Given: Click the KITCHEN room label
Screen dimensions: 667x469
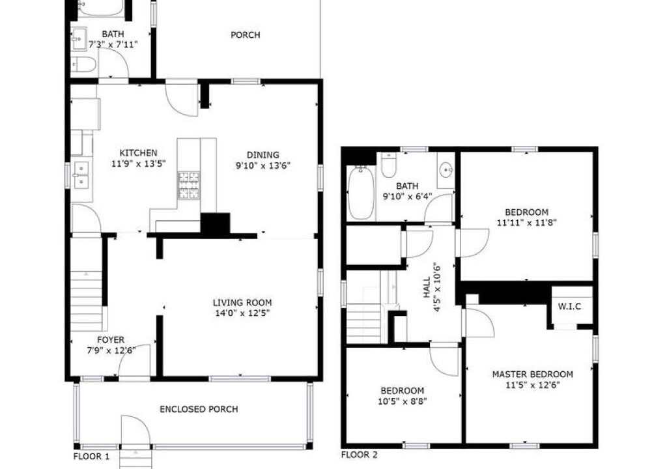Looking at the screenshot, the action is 138,153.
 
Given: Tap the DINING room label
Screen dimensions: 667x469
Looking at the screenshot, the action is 263,155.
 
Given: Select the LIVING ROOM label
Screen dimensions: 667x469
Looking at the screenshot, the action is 242,303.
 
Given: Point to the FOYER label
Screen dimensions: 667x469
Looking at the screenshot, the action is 111,339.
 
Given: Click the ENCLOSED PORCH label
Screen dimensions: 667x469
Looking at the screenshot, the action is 199,409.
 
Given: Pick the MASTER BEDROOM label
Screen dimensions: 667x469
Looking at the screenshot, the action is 533,375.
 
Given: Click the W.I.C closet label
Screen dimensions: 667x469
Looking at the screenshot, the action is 569,306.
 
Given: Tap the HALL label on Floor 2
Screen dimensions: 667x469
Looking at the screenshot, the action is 427,287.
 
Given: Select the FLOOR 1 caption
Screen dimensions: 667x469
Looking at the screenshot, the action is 91,457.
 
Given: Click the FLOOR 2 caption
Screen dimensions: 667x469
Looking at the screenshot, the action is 360,455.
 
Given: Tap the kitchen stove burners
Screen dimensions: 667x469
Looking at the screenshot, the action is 188,185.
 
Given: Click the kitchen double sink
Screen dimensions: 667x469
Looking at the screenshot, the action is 81,175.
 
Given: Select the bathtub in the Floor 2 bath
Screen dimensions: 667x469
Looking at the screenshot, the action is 361,193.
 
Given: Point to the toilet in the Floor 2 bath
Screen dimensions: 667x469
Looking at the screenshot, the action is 389,165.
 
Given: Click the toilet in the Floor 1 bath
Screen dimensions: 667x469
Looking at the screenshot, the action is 83,65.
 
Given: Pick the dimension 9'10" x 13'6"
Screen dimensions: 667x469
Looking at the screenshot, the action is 263,165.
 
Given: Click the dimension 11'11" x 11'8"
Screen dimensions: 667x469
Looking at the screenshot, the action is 526,222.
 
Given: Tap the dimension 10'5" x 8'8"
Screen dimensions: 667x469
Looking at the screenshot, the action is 403,401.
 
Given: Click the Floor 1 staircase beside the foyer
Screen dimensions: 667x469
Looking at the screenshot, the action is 87,300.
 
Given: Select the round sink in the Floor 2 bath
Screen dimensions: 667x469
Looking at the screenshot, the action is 446,170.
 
